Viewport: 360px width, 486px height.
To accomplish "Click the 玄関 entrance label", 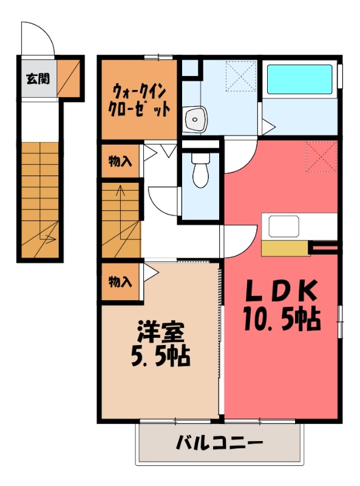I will pos(38,78).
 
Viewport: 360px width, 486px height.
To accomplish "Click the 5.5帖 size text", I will pos(160,355).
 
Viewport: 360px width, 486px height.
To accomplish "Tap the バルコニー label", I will pos(220,442).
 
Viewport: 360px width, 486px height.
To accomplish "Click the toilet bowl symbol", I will pos(199,171).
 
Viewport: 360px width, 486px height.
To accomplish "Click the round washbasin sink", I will pos(195,119).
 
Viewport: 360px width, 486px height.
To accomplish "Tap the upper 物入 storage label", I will pos(120,161).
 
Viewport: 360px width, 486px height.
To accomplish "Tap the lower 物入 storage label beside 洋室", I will pos(120,281).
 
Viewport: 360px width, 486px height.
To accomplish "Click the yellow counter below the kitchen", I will pos(285,248).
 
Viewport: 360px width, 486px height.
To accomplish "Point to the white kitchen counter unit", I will pos(299,227).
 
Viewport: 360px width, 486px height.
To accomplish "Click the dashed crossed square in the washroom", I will pos(240,77).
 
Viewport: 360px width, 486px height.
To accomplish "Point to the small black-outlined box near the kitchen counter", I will pos(324,247).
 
